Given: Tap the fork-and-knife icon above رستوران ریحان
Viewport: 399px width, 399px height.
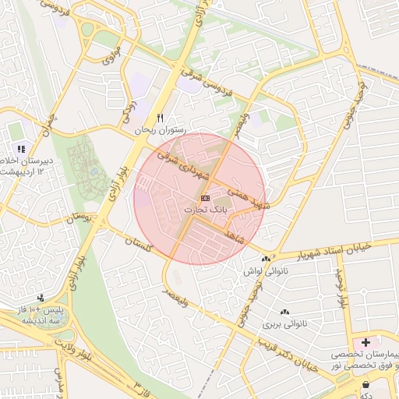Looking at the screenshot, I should coord(161,118).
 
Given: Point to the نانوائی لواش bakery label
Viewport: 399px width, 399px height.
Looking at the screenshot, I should coord(267,270).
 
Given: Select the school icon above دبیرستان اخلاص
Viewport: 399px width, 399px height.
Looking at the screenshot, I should coord(22,148).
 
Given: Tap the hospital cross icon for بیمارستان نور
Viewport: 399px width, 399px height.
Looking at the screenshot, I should coord(365,341).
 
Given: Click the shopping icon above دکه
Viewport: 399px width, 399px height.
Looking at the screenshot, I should coord(365,385).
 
